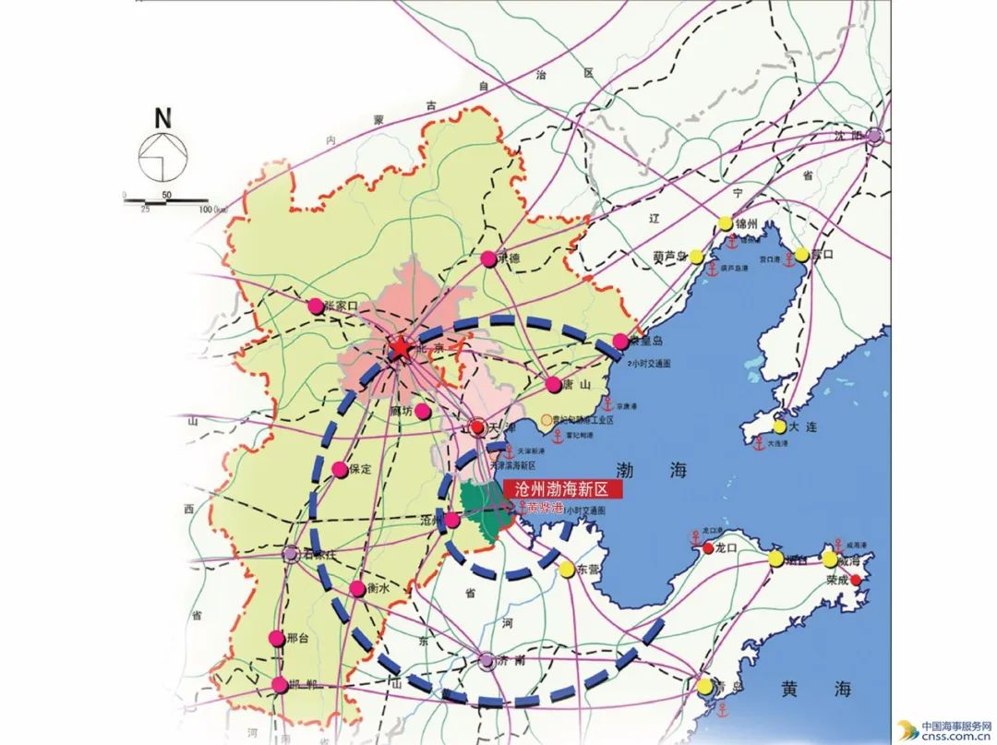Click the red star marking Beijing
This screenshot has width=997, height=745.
coord(401,349)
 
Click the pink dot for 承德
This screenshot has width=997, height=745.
coord(489,259)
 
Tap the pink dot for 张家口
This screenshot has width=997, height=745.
coord(316,306)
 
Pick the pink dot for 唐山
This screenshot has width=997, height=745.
coord(553,385)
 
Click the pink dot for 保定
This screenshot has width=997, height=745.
coord(341,470)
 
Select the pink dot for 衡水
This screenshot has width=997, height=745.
coord(357,589)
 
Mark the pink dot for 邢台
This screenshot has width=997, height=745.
coord(276,638)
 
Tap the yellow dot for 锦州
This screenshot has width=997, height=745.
coord(725,223)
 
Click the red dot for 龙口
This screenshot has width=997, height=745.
coord(708,547)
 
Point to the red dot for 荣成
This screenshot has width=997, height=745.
coord(856,580)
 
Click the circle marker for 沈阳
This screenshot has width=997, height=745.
coord(874,136)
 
